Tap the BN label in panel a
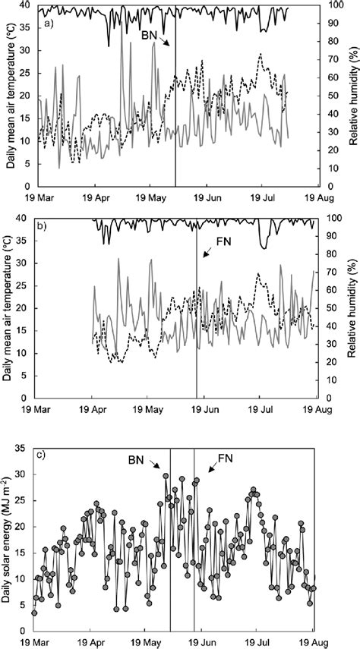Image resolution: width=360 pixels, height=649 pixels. (x=150, y=36)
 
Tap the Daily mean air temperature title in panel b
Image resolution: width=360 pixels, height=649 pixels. (x=8, y=308)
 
